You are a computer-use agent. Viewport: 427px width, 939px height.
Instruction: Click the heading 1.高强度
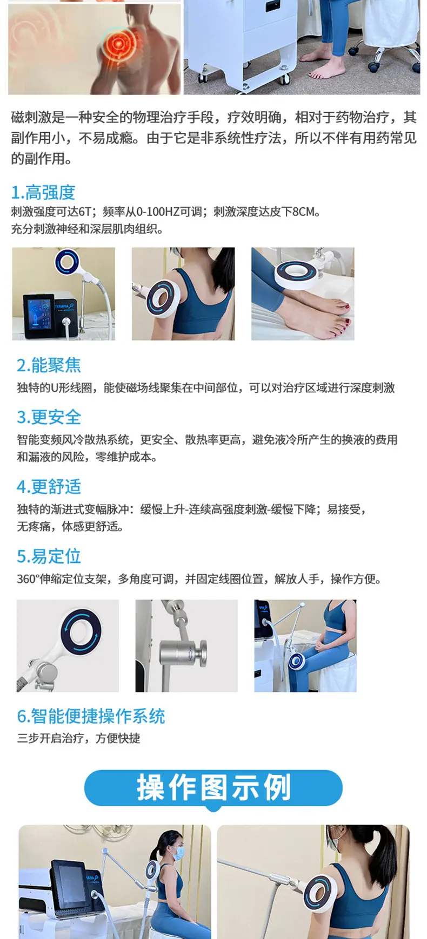click(43, 193)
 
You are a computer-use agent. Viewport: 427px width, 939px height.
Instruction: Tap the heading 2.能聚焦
click(49, 365)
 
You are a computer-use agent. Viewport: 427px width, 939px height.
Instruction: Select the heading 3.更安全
click(49, 417)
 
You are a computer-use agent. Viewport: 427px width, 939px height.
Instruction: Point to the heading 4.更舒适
click(49, 487)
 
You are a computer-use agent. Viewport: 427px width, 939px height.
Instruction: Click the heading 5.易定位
click(49, 556)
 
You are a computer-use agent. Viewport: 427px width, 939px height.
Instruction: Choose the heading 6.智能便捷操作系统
click(91, 716)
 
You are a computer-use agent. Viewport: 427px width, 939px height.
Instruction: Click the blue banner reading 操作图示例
click(213, 788)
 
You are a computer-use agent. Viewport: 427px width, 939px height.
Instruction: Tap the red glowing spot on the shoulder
click(121, 44)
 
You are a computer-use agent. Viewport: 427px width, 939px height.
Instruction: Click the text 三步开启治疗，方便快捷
click(79, 738)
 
